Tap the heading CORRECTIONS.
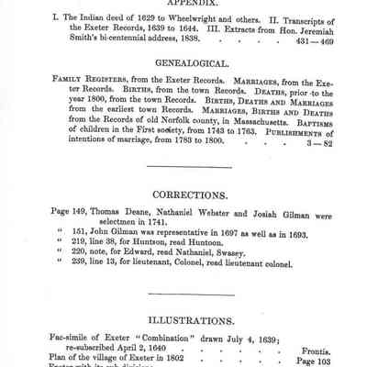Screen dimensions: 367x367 pos(183,195)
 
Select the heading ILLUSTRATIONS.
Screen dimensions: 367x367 pos(183,320)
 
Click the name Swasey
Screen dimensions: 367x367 pos(254,260)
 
